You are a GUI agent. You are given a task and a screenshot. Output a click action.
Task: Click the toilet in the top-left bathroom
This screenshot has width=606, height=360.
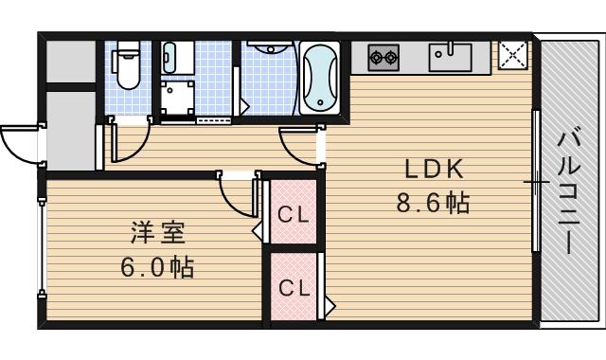coord(127,65)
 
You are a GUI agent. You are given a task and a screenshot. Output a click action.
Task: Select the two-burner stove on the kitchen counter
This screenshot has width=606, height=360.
coord(383,57)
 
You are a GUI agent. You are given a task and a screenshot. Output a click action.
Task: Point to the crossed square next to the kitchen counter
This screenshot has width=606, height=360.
coord(512,57)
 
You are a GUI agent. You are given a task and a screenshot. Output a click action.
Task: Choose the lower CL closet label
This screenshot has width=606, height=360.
coord(293,287)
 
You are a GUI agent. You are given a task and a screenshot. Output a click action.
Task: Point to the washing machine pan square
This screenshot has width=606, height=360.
coord(176,96)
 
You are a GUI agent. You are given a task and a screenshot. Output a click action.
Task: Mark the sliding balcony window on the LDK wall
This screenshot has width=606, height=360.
coord(536,181)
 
